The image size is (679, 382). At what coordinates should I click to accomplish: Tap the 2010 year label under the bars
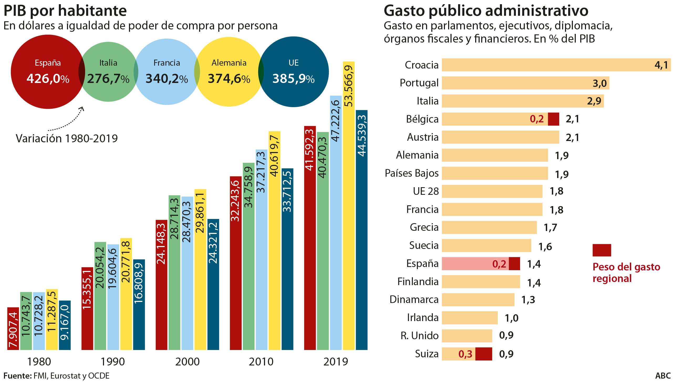261,362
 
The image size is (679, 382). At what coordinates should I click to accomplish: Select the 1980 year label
39,362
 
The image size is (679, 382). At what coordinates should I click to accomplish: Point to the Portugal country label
419,83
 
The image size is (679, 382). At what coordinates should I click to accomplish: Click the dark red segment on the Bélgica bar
553,119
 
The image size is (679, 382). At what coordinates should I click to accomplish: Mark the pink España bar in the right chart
467,263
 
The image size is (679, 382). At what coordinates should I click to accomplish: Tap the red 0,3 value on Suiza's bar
465,354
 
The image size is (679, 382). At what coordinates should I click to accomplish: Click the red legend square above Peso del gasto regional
602,250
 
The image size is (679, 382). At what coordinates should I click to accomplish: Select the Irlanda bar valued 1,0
469,318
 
